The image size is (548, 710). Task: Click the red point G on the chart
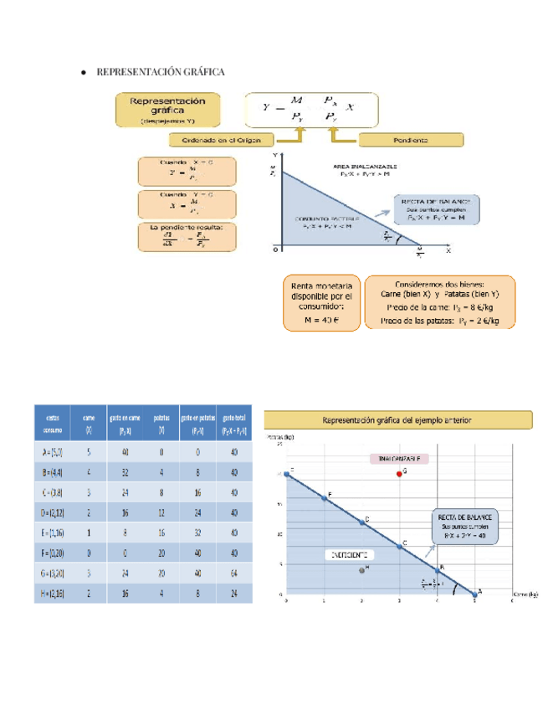(399, 473)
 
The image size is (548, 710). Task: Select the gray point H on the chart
(361, 570)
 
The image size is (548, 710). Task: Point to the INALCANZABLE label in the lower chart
(399, 459)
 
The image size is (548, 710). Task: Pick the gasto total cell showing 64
(235, 573)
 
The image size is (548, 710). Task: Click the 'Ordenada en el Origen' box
(223, 140)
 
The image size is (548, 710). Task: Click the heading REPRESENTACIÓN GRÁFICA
(161, 72)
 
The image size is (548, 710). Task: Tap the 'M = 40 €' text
(321, 318)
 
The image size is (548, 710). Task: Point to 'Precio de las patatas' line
(440, 320)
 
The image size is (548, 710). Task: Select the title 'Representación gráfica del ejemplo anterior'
(398, 419)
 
